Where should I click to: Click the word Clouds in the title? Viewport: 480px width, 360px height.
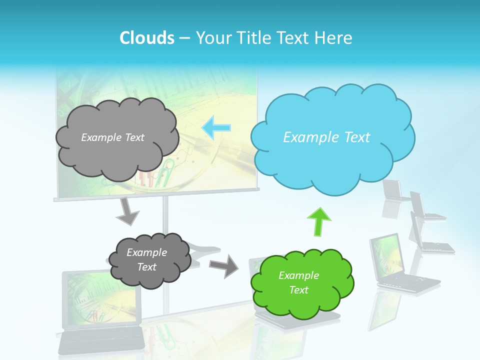[x=146, y=38]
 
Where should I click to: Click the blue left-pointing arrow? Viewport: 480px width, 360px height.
[x=216, y=127]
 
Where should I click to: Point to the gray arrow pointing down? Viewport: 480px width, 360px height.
[x=127, y=212]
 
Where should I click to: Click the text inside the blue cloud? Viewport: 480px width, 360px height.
[x=326, y=137]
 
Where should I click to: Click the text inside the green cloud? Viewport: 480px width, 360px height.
[x=298, y=282]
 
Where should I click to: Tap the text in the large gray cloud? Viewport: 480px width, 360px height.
[x=112, y=137]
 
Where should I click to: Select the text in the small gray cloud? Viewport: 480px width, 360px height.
[x=146, y=259]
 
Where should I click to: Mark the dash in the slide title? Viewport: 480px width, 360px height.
[x=184, y=38]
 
